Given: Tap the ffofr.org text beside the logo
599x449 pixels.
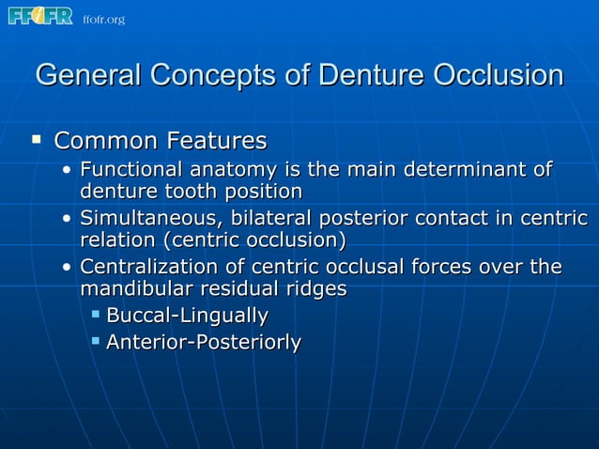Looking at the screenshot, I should click(103, 20).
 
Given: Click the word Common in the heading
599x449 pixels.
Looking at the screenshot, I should click(106, 142).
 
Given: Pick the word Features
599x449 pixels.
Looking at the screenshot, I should click(215, 142).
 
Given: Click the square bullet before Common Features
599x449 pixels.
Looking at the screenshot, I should click(36, 141).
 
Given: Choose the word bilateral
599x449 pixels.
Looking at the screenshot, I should click(269, 220).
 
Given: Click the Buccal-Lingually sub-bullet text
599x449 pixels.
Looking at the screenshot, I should click(187, 317).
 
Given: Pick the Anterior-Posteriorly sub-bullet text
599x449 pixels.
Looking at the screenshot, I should click(203, 343).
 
